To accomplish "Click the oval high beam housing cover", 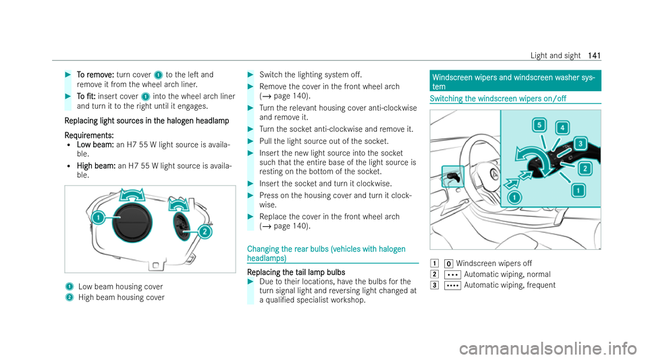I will click(x=184, y=217).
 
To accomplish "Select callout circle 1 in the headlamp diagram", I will click(x=98, y=218).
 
